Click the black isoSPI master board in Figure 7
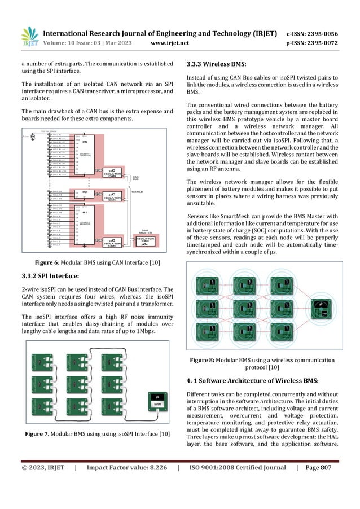158,401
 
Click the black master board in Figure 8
321,306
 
